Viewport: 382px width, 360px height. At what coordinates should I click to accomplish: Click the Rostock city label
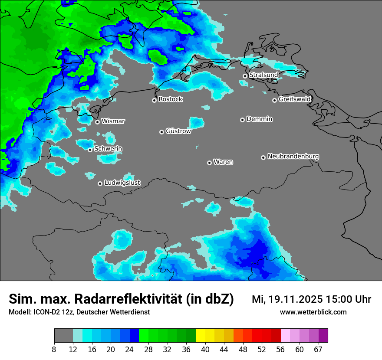pyautogui.click(x=170, y=99)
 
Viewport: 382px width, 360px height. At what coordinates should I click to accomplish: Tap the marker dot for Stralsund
pyautogui.click(x=245, y=76)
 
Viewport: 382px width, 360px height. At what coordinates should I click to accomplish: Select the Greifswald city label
pyautogui.click(x=294, y=99)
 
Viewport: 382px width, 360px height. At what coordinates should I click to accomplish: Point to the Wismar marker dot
pyautogui.click(x=97, y=122)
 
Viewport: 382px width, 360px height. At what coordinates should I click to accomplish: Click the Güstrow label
pyautogui.click(x=178, y=131)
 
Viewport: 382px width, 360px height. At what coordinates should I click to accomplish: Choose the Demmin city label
pyautogui.click(x=259, y=119)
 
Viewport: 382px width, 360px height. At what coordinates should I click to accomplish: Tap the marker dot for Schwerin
pyautogui.click(x=90, y=150)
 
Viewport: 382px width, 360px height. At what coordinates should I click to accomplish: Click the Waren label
pyautogui.click(x=223, y=162)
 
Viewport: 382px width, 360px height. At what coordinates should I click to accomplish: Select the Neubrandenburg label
pyautogui.click(x=293, y=156)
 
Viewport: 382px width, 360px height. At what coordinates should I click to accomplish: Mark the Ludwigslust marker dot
pyautogui.click(x=100, y=183)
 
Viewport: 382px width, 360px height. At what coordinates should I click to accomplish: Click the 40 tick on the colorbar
pyautogui.click(x=205, y=349)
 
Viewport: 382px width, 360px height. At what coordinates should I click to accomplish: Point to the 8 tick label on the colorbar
pyautogui.click(x=54, y=349)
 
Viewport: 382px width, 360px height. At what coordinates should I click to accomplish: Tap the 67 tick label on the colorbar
pyautogui.click(x=318, y=349)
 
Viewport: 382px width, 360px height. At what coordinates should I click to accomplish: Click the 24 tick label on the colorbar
pyautogui.click(x=129, y=349)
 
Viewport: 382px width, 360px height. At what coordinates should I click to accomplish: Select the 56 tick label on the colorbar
pyautogui.click(x=280, y=349)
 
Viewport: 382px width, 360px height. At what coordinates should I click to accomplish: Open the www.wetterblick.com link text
pyautogui.click(x=313, y=312)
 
